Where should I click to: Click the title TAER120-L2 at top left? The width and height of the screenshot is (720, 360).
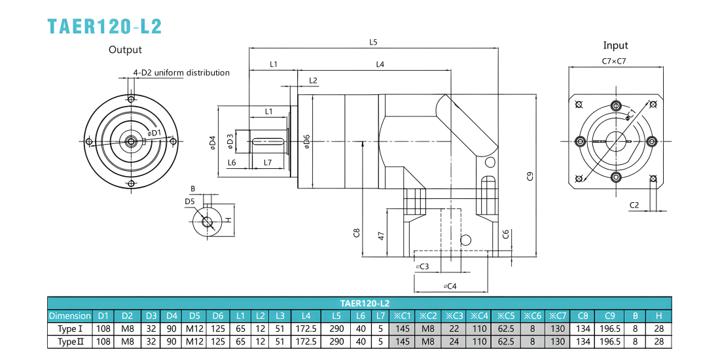tap(105, 27)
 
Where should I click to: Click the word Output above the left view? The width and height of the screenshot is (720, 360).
tap(125, 50)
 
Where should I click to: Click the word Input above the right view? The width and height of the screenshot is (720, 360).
tap(615, 45)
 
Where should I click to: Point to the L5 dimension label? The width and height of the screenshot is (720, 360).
tap(373, 43)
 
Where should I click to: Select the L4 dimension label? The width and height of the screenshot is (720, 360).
tap(380, 65)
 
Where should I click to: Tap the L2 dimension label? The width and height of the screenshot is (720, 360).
tap(313, 81)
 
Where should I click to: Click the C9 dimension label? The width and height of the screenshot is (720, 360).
tap(530, 176)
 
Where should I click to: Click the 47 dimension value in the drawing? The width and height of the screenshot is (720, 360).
tap(381, 236)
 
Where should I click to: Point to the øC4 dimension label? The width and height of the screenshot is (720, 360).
tap(450, 286)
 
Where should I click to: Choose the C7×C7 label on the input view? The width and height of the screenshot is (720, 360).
tap(614, 61)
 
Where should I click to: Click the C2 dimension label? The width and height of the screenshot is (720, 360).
tap(634, 206)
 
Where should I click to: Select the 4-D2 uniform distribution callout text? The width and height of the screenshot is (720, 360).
tap(181, 73)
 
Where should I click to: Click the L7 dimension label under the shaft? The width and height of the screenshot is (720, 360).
tap(268, 162)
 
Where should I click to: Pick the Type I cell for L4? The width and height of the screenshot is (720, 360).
tap(306, 329)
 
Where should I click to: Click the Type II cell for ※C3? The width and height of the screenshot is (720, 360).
tap(454, 342)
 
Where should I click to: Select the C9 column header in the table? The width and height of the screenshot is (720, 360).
tap(610, 316)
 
